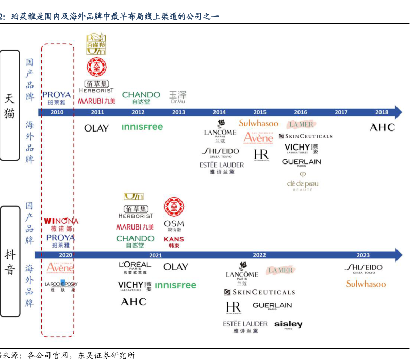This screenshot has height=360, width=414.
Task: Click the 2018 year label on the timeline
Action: tap(382, 112)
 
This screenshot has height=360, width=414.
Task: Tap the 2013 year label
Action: tap(178, 112)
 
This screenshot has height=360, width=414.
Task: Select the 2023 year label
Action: tap(363, 255)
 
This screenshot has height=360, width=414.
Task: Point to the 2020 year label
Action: tap(65, 255)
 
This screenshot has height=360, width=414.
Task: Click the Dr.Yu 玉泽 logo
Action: tap(178, 96)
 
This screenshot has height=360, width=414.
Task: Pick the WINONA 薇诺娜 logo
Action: tap(61, 224)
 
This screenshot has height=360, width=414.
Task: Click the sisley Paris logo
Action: tap(288, 325)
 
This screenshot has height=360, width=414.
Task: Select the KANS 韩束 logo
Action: tap(174, 242)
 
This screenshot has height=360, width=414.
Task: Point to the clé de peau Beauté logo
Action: tap(303, 183)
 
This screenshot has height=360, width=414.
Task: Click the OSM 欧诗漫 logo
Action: tap(174, 226)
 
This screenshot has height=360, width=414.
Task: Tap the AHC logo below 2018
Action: tap(382, 127)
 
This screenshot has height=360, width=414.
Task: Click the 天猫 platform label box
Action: tap(10, 105)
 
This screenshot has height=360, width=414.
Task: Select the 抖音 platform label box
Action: tap(10, 261)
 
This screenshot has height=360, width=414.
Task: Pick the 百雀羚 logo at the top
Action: tap(96, 44)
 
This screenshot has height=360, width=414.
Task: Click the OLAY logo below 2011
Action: tap(96, 128)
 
